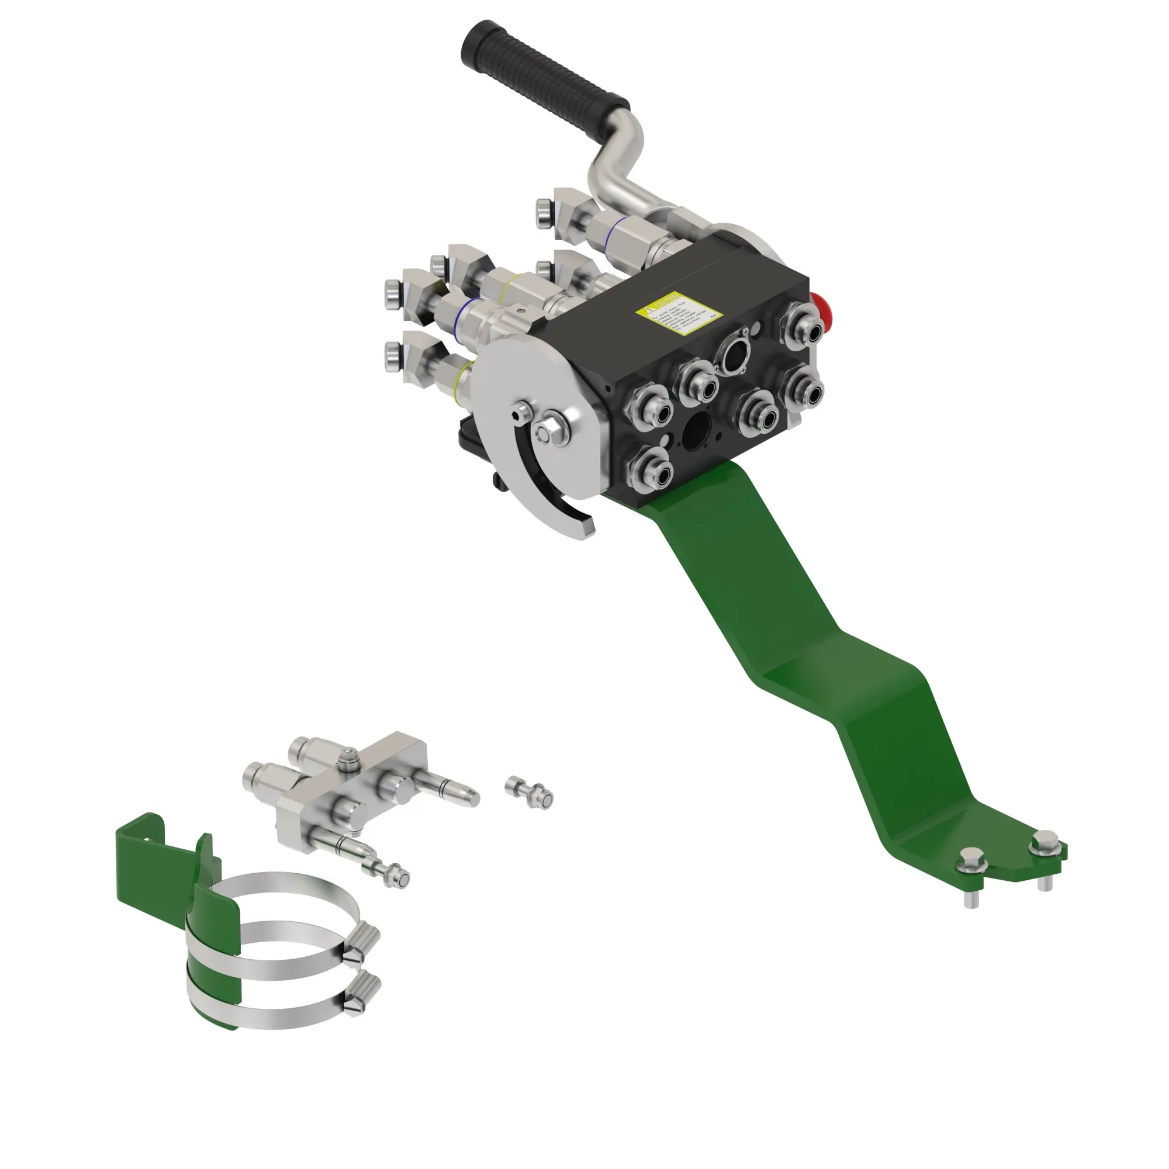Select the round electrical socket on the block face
click(734, 355)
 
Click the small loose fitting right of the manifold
click(531, 792)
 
